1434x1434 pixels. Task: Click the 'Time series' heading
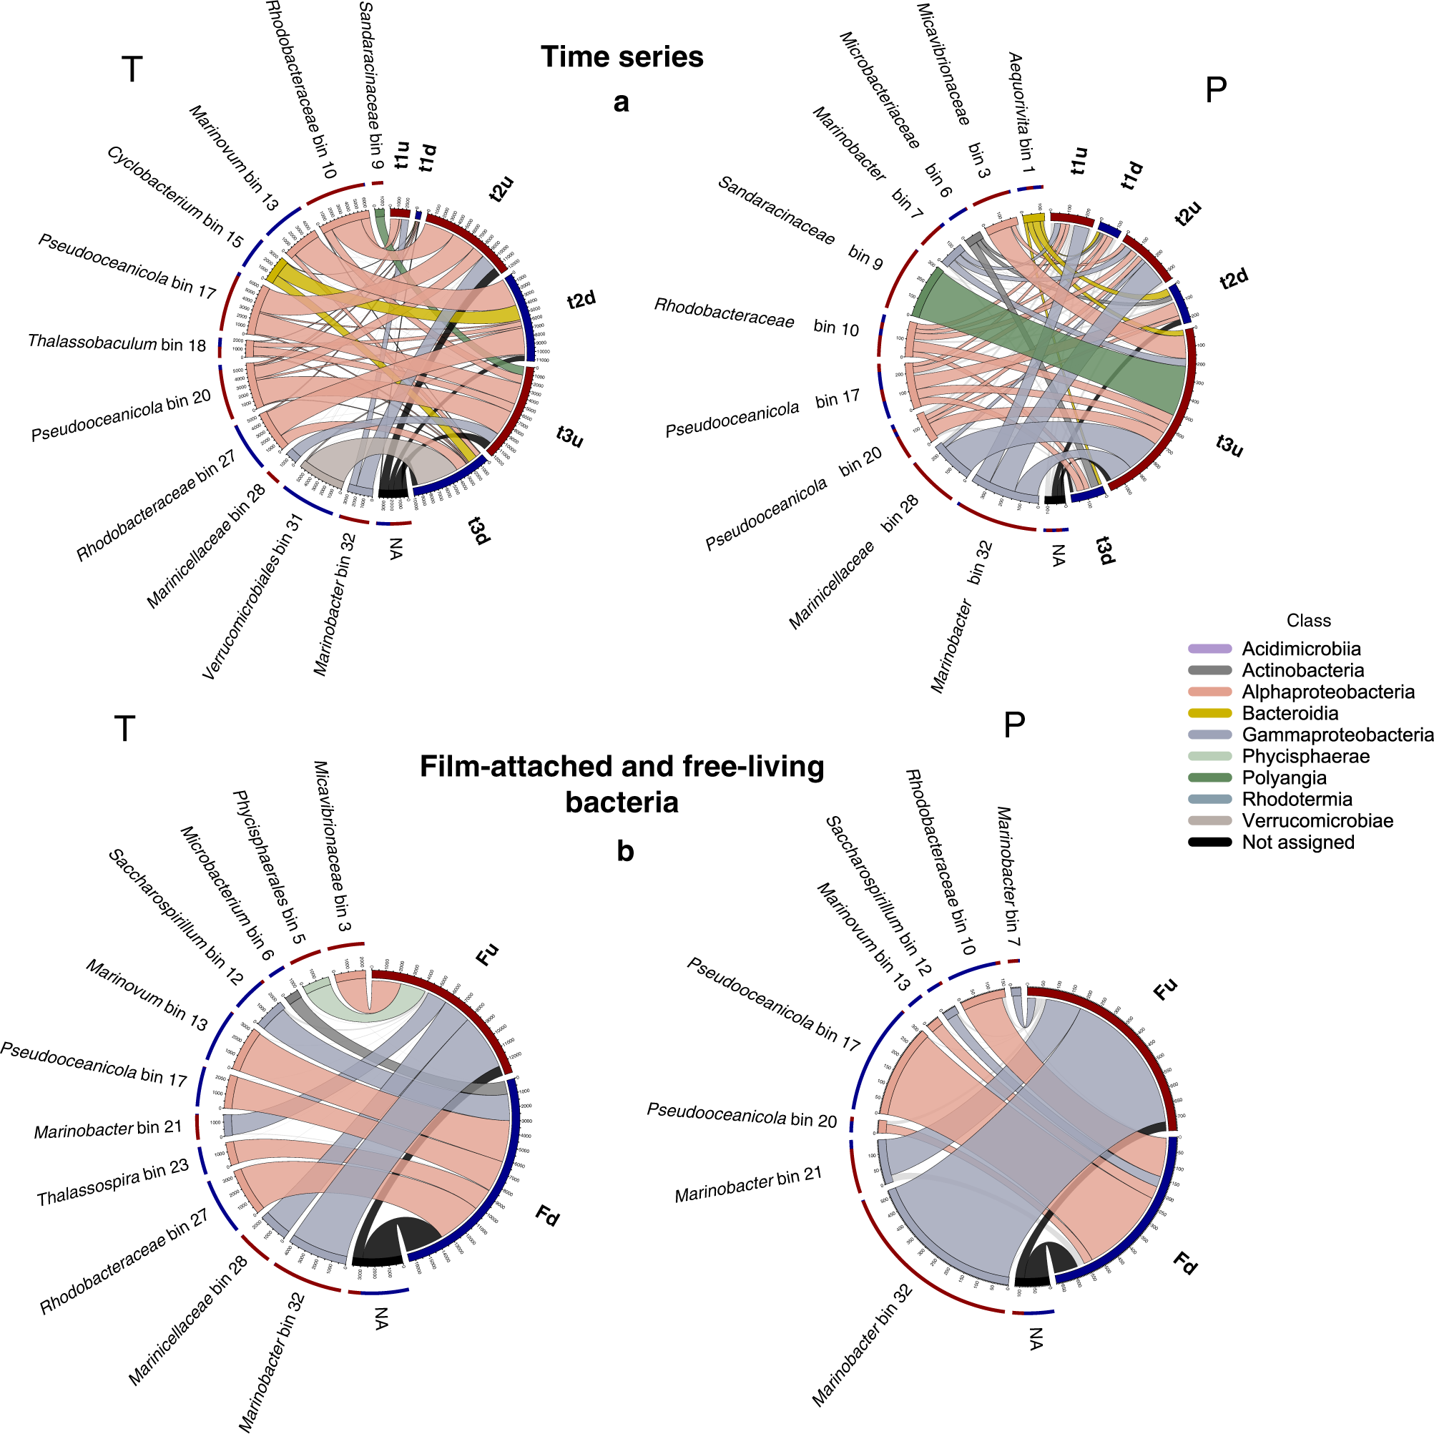pos(622,57)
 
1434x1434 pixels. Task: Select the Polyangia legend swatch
pos(1209,778)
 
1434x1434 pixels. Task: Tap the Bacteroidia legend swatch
pos(1209,713)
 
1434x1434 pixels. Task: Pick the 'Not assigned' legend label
pos(1297,843)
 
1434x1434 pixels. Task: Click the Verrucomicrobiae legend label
pos(1317,821)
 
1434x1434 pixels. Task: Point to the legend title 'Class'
pos(1309,621)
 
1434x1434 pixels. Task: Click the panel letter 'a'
pos(622,102)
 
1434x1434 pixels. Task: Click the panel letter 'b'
pos(625,851)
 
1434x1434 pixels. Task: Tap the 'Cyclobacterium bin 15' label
pos(175,196)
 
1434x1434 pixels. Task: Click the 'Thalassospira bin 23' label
pos(113,1182)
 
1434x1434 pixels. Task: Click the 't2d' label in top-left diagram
pos(581,300)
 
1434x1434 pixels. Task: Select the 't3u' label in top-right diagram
pos(1229,445)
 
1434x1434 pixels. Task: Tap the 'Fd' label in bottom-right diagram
pos(1185,1262)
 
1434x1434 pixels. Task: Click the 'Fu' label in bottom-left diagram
pos(487,955)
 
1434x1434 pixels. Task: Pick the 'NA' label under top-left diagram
pos(396,549)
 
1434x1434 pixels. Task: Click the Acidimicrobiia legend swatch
pos(1209,649)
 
